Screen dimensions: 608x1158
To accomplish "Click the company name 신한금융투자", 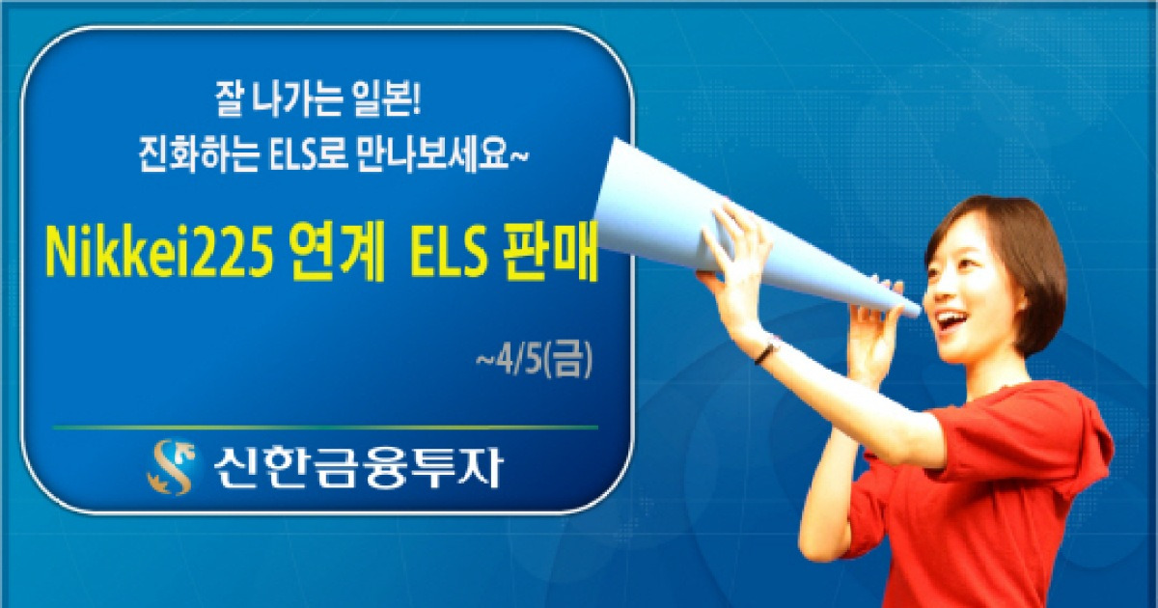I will pos(355,467).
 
